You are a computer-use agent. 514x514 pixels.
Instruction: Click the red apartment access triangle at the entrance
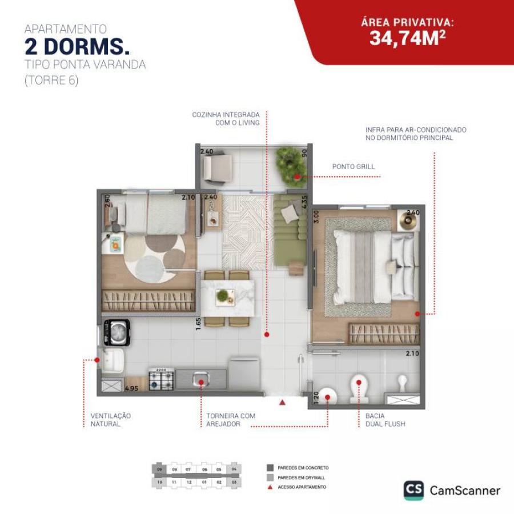pyautogui.click(x=282, y=403)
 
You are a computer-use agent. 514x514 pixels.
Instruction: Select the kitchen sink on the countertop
pyautogui.click(x=201, y=378)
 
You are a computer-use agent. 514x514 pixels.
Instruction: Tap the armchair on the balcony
pyautogui.click(x=218, y=167)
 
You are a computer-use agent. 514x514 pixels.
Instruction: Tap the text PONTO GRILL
pyautogui.click(x=354, y=167)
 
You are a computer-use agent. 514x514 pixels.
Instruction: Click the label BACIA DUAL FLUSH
pyautogui.click(x=385, y=420)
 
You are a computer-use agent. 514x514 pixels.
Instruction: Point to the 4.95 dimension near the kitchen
pyautogui.click(x=132, y=388)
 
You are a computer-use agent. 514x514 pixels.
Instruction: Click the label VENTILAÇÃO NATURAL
pyautogui.click(x=111, y=420)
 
